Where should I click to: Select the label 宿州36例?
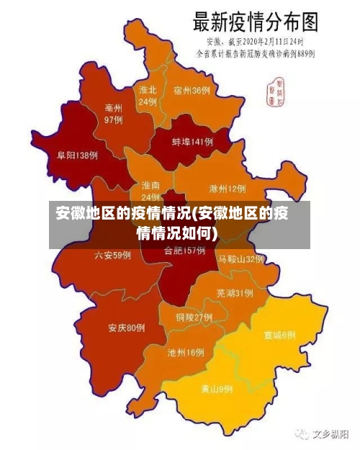[192, 91]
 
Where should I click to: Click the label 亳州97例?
[113, 114]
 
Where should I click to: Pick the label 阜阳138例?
[77, 155]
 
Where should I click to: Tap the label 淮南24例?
[150, 191]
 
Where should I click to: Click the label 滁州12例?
[227, 189]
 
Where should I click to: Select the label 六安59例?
[113, 255]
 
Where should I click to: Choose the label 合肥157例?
[184, 251]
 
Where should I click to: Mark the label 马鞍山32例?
[241, 258]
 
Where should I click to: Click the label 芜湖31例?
[234, 293]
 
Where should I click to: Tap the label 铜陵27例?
[194, 317]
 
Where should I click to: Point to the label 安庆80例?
[127, 328]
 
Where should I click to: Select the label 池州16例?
[185, 353]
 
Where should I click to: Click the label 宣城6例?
[279, 335]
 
